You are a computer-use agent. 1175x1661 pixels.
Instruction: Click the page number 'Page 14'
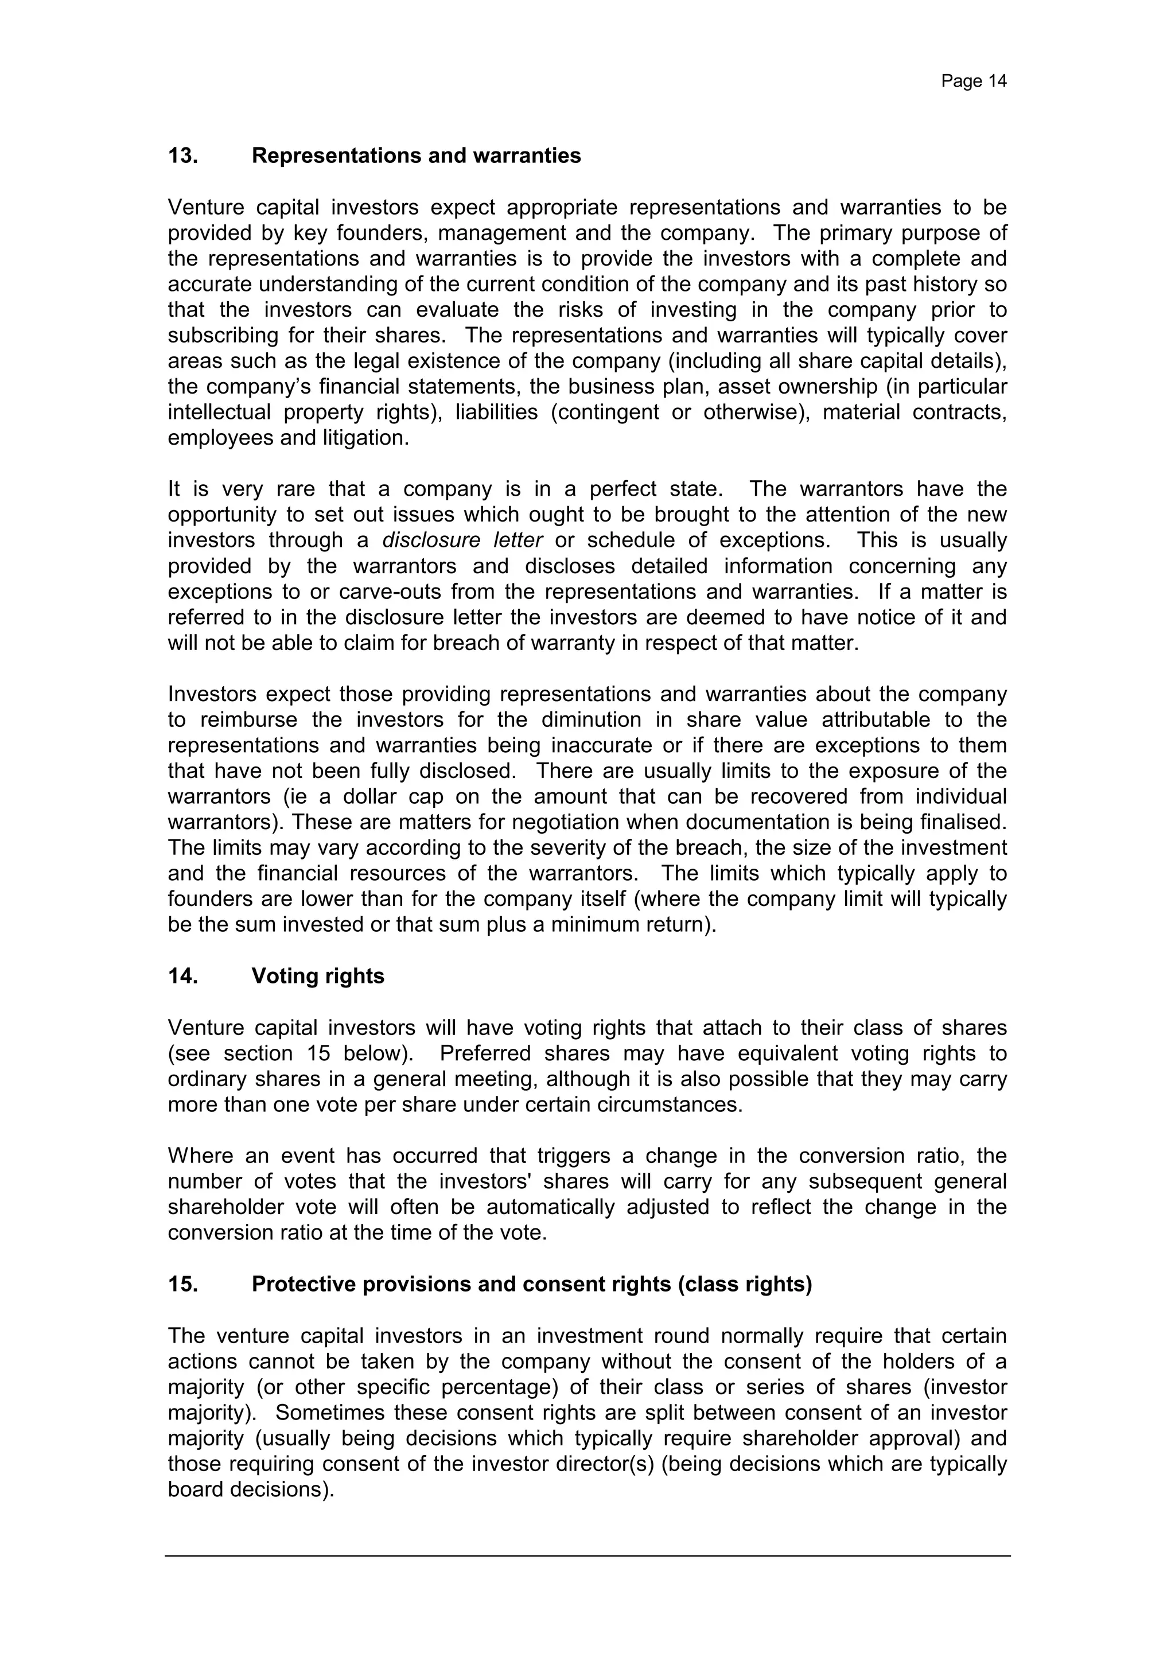pyautogui.click(x=973, y=81)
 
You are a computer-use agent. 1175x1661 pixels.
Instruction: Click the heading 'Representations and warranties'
pyautogui.click(x=416, y=155)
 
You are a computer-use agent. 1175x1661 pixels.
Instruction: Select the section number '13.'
pyautogui.click(x=183, y=155)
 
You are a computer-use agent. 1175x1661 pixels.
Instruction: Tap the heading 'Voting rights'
pyautogui.click(x=318, y=976)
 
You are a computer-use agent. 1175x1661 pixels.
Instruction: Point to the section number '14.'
pyautogui.click(x=183, y=976)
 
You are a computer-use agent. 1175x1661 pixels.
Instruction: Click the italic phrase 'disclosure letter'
pyautogui.click(x=462, y=540)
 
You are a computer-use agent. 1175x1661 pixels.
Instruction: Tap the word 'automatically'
pyautogui.click(x=550, y=1207)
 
